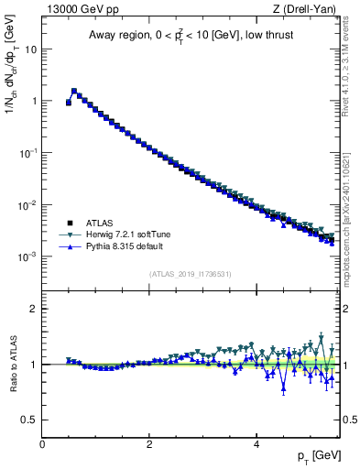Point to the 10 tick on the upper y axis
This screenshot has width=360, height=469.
(x=29, y=49)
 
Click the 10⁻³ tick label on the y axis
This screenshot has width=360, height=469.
(x=27, y=257)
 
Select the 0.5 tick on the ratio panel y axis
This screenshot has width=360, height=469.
(x=29, y=420)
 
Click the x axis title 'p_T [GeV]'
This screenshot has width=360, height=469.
(x=317, y=457)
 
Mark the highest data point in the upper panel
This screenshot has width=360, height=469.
(x=74, y=91)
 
